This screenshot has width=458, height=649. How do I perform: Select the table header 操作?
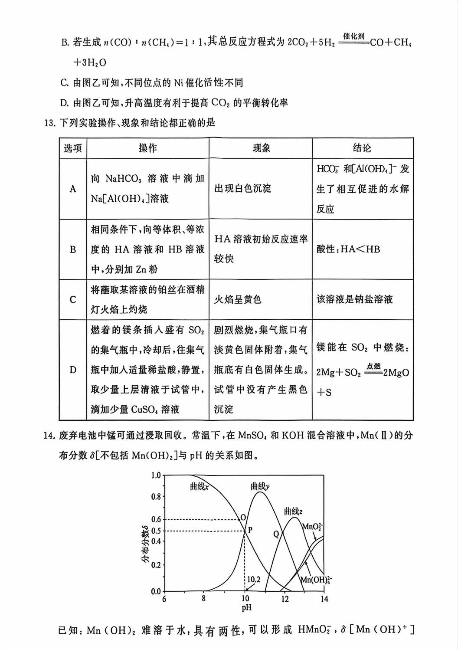(147, 148)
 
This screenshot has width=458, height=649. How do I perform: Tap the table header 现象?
(261, 148)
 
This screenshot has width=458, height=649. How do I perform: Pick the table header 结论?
(362, 148)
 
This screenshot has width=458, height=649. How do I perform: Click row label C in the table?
(73, 300)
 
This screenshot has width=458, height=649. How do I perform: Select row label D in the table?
(73, 370)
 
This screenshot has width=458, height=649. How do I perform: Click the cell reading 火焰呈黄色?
(238, 300)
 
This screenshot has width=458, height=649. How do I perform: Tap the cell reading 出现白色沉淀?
(242, 189)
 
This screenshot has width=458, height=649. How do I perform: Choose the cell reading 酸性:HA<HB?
(348, 249)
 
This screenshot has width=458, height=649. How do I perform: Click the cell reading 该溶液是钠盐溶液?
(354, 300)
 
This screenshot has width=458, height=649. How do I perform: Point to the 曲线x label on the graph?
(199, 487)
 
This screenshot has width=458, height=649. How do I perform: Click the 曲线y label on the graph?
(260, 486)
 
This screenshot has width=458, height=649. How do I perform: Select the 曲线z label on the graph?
(293, 511)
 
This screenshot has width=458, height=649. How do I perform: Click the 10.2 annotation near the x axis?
(253, 579)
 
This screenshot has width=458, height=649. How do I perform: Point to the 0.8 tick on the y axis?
(156, 497)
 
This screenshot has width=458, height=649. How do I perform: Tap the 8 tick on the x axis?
(204, 600)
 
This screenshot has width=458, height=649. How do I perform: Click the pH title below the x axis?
(246, 608)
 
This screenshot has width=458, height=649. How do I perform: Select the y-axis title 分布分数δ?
(145, 544)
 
